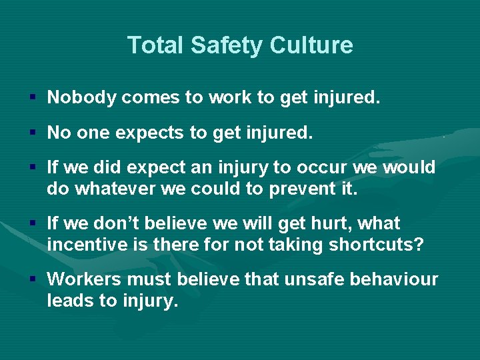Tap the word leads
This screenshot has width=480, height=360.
(x=70, y=301)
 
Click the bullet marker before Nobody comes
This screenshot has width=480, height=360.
(x=33, y=99)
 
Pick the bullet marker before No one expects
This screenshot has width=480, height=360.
(x=33, y=133)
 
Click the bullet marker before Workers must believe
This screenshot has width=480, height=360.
(x=33, y=279)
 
